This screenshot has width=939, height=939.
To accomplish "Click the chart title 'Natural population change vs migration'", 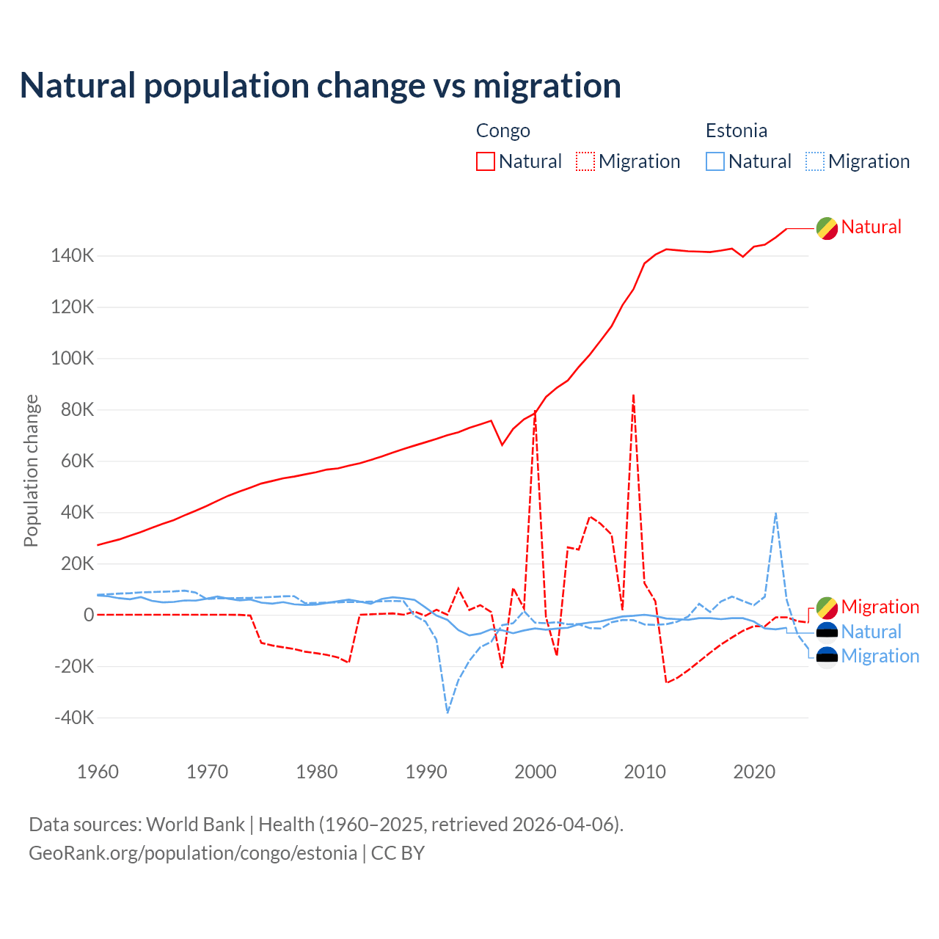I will [x=321, y=86].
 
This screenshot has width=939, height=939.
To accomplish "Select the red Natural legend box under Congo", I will [x=485, y=161].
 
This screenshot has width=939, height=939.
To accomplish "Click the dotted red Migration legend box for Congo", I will [x=585, y=161].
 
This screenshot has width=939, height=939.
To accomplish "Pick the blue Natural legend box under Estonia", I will [x=715, y=161].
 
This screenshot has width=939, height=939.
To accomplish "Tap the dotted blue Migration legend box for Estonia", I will [x=815, y=161].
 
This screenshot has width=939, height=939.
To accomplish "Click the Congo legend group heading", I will [x=503, y=131].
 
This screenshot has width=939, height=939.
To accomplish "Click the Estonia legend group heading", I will [x=736, y=131].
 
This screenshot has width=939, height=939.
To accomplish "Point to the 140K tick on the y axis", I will [x=73, y=256].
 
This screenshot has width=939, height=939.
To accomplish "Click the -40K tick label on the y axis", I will [x=74, y=717].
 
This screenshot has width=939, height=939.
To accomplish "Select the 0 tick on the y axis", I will [x=89, y=615].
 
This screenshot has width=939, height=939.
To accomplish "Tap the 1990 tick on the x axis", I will [x=426, y=772].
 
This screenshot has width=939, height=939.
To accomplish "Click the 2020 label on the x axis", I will [x=754, y=772].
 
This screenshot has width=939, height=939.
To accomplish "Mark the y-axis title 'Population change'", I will [x=31, y=470].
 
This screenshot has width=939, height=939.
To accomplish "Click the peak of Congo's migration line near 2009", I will [x=633, y=395].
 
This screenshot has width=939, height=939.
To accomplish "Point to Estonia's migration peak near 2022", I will [x=775, y=514].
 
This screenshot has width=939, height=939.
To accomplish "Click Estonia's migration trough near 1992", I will [x=447, y=712].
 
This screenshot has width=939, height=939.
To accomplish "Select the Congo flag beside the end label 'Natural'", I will [x=827, y=228].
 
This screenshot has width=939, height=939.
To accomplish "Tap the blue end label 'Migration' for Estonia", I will [x=880, y=656].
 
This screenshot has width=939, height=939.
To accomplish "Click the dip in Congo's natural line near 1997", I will [x=502, y=445].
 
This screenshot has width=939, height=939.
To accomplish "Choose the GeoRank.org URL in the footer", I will [x=193, y=853].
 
